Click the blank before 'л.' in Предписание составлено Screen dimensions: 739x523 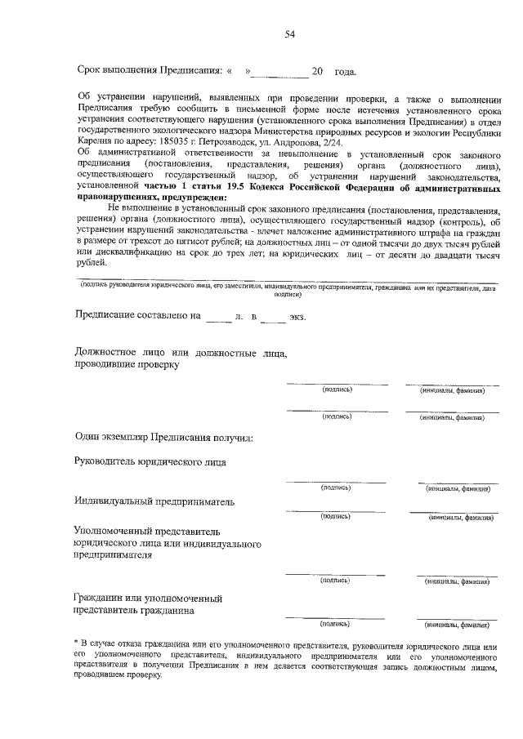pyautogui.click(x=218, y=316)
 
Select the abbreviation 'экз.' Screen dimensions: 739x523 pyautogui.click(x=297, y=316)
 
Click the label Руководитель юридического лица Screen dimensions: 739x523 pyautogui.click(x=150, y=463)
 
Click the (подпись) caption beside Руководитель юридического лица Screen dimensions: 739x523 pyautogui.click(x=337, y=487)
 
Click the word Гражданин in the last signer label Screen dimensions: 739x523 pyautogui.click(x=101, y=598)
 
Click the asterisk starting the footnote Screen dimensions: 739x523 pyautogui.click(x=76, y=643)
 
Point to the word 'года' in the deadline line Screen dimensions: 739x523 pyautogui.click(x=344, y=73)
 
